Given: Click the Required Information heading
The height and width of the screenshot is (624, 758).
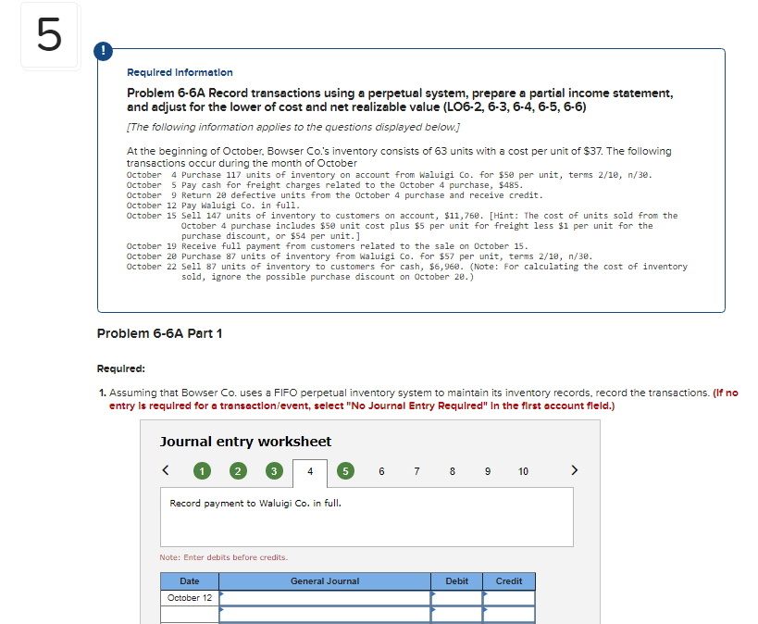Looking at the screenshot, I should (180, 72).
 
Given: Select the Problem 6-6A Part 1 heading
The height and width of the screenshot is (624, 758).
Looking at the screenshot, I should (159, 333).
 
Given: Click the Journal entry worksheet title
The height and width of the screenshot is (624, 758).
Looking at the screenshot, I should (245, 442).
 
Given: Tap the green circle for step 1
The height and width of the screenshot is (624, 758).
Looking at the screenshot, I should (202, 471).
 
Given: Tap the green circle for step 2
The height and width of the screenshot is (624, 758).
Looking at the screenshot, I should (238, 471).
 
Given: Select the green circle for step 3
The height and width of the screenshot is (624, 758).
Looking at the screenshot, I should (273, 471).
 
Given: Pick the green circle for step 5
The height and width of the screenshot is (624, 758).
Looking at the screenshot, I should (346, 471).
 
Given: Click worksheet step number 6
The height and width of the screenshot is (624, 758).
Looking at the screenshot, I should (381, 471).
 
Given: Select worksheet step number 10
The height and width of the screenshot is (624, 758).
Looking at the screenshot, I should (523, 471).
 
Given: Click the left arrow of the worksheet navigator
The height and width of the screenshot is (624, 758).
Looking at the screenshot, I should (168, 470).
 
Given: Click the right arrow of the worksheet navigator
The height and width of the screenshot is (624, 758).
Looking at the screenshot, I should (575, 470).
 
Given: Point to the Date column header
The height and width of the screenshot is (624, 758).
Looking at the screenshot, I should (189, 581).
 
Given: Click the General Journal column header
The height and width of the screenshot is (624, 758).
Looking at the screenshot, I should (325, 581).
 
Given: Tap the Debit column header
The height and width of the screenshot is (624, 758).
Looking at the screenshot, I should (456, 581).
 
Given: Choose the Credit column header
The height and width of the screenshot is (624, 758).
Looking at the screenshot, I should (509, 581).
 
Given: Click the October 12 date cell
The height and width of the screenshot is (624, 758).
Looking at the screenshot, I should (189, 598).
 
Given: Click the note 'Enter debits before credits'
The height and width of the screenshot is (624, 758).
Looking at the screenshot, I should (224, 557).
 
